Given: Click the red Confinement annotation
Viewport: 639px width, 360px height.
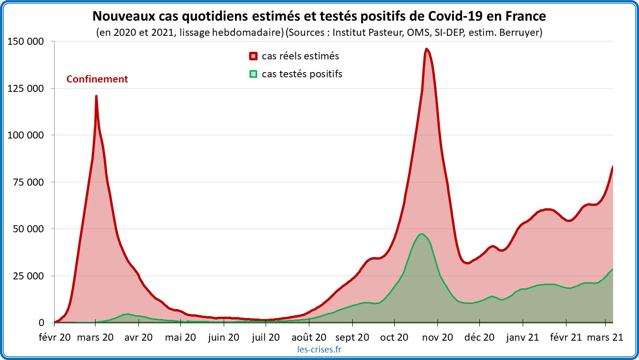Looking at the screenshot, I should (x=97, y=79).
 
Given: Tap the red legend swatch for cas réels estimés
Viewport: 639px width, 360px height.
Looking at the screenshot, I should (x=253, y=57).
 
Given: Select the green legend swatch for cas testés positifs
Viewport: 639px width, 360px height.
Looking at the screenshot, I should (x=253, y=74).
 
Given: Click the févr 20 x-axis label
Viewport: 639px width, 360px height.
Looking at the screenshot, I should (x=55, y=337).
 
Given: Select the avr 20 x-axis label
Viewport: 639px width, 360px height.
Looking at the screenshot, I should (x=139, y=337).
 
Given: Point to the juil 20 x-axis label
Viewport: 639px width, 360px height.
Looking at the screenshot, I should (x=266, y=337).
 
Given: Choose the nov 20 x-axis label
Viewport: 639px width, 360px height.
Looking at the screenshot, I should (x=438, y=337).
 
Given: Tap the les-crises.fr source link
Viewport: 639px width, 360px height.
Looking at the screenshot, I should (x=320, y=350).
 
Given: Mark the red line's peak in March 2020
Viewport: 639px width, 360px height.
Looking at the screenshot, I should (x=96, y=96).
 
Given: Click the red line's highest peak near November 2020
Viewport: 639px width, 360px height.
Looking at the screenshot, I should (x=426, y=49).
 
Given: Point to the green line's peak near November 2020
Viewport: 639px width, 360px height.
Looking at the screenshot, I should (x=421, y=234).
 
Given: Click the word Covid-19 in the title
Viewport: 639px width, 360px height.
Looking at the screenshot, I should (x=454, y=16).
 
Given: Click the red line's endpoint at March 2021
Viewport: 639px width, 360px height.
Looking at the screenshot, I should (x=613, y=166).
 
